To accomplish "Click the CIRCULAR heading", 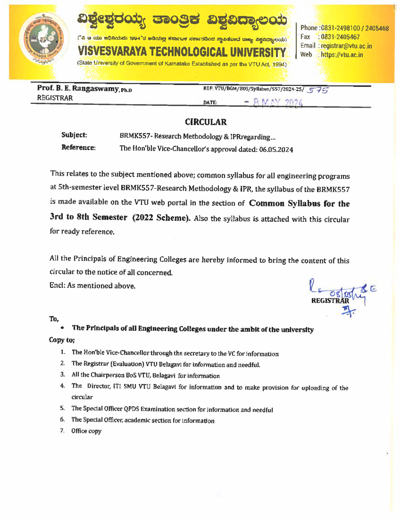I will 206,122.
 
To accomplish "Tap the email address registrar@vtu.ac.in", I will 346,46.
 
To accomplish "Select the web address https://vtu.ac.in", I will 342,55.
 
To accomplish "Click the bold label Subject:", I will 74,135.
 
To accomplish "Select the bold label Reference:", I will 78,148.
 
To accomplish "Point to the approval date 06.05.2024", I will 276,150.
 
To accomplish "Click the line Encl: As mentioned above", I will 92,286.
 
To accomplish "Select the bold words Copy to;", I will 62,340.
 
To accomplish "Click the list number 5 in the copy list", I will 62,408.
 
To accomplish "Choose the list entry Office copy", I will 86,431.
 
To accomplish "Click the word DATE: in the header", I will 210,103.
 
